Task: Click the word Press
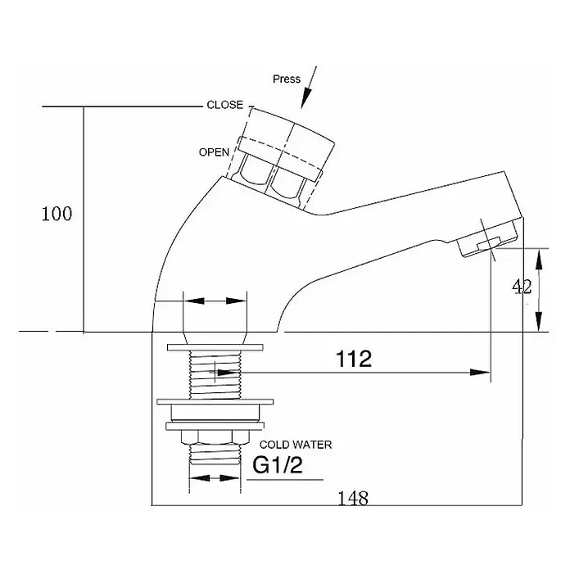(x=287, y=79)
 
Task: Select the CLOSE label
(x=224, y=105)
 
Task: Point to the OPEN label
(x=214, y=152)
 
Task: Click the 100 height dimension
(x=57, y=214)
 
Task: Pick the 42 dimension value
(x=522, y=287)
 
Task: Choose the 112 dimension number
(x=354, y=359)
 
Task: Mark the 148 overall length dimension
(x=353, y=498)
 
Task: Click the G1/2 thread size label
(x=278, y=464)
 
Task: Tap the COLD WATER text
(x=296, y=445)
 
